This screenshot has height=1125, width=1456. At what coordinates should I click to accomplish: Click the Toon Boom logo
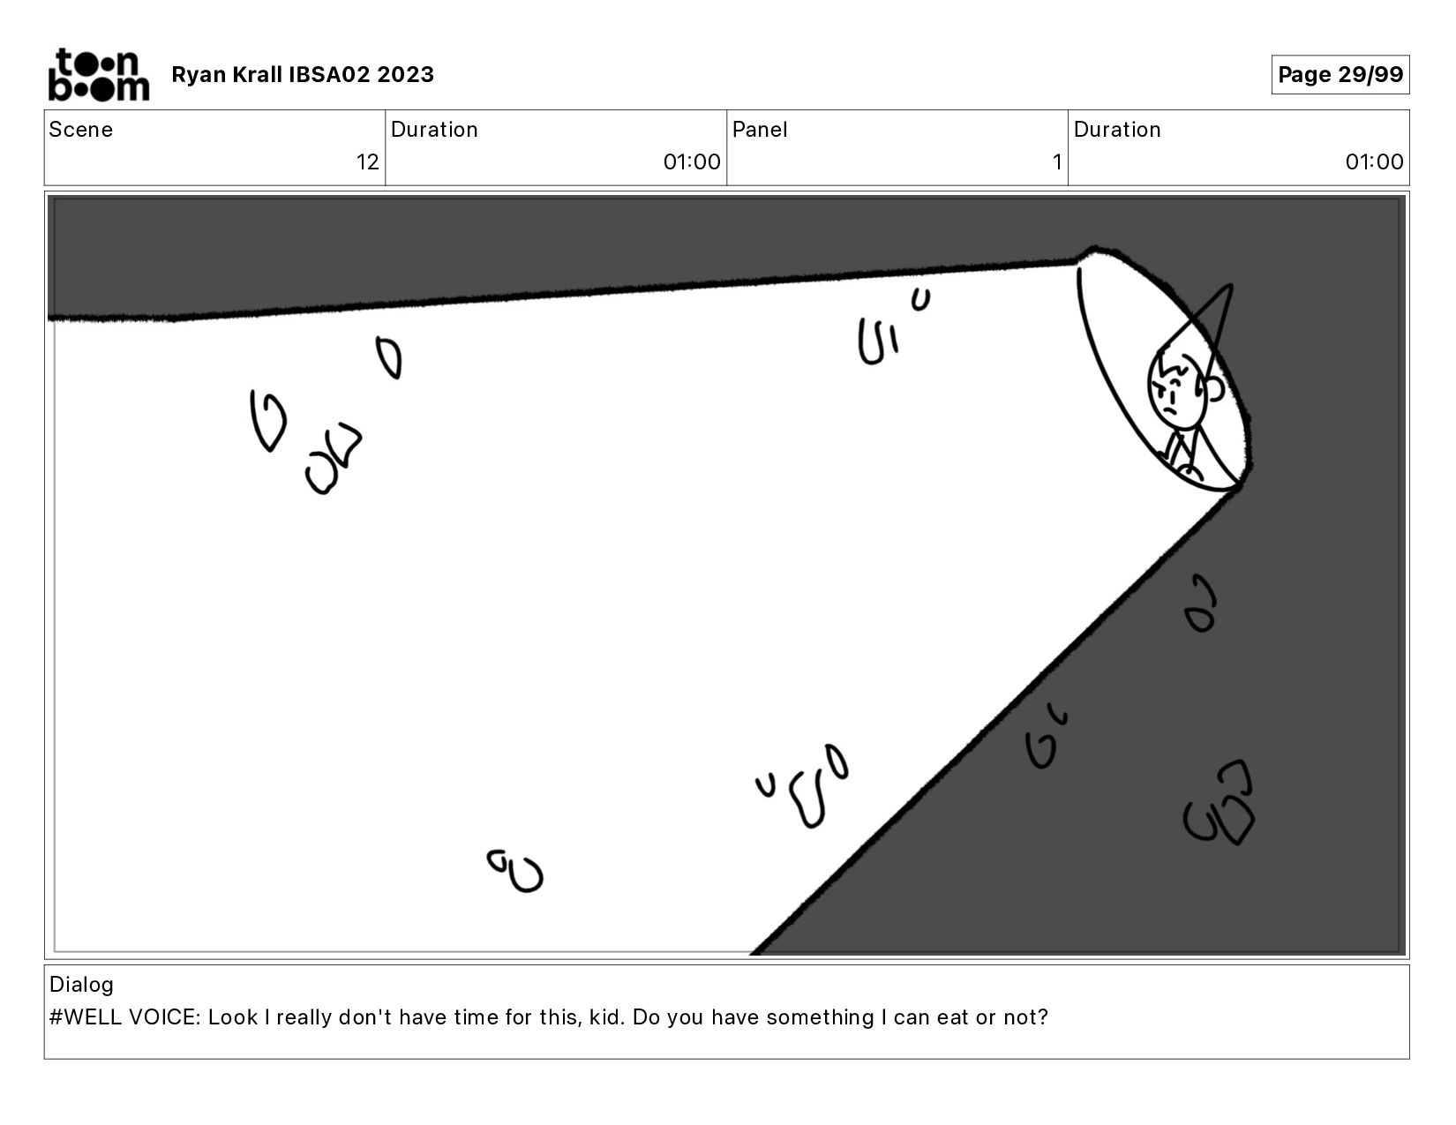[x=99, y=74]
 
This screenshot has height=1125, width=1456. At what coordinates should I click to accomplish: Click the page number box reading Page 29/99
[x=1340, y=74]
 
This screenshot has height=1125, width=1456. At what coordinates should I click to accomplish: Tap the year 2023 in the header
[x=405, y=74]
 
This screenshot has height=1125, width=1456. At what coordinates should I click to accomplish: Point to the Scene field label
[x=81, y=130]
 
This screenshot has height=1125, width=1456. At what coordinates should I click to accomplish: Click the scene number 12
[x=368, y=161]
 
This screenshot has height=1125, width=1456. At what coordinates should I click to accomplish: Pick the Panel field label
[x=760, y=130]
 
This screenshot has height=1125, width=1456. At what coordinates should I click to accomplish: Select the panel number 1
[x=1056, y=161]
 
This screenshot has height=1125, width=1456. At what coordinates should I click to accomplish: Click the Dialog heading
[x=82, y=985]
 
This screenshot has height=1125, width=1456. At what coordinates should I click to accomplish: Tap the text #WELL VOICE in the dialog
[x=124, y=1017]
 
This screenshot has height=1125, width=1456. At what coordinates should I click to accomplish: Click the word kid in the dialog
[x=607, y=1017]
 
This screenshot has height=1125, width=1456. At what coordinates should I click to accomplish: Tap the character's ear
[x=1215, y=388]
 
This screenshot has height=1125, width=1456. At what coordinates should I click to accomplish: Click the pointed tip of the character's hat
[x=1232, y=286]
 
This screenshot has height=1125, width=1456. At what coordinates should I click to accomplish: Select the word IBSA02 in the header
[x=329, y=74]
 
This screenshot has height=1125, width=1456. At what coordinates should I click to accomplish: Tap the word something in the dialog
[x=820, y=1017]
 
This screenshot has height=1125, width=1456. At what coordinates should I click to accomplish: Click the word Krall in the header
[x=258, y=74]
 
